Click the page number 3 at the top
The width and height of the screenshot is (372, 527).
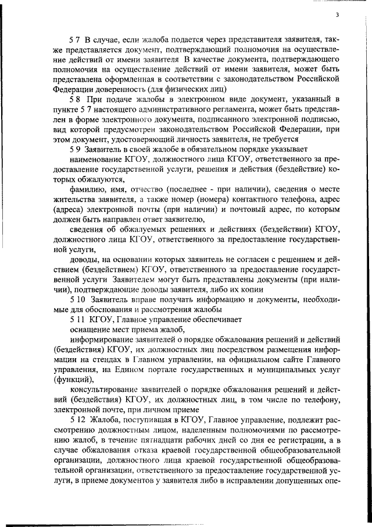344,14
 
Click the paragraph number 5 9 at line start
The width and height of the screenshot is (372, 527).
74,150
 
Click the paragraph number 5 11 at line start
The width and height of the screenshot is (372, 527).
76,320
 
